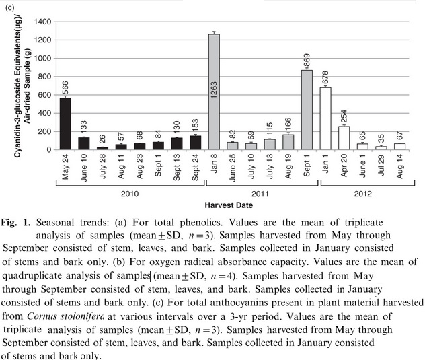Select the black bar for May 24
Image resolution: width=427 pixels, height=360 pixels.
[x=65, y=124]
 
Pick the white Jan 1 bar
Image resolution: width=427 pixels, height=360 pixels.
[x=325, y=118]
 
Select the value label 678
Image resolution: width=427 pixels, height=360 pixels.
[x=325, y=76]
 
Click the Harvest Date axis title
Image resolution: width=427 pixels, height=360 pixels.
[x=223, y=204]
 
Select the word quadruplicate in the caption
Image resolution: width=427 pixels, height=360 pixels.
[x=34, y=276]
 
